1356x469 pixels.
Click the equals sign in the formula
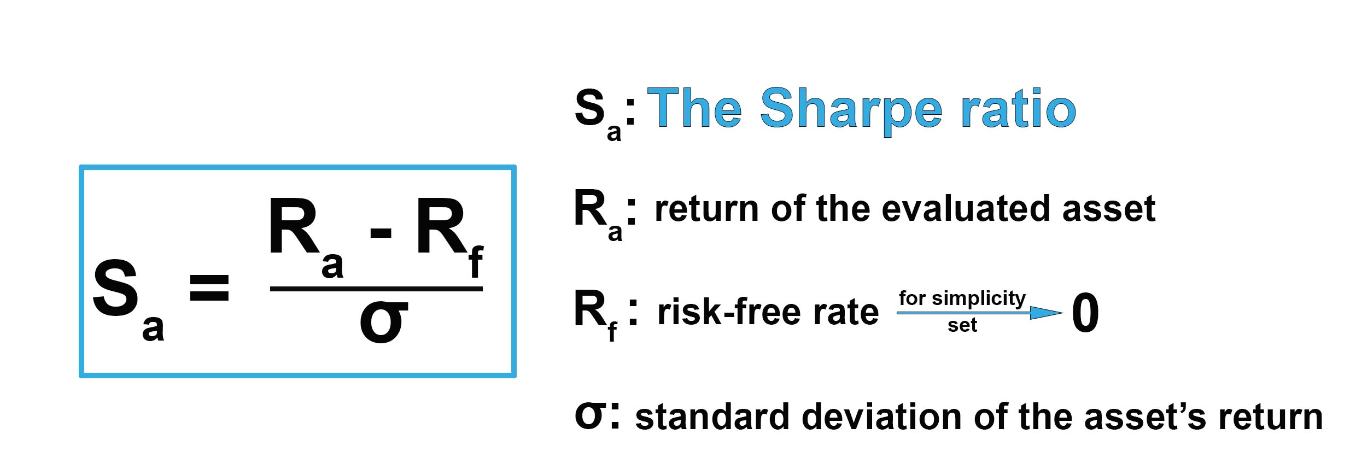coord(209,289)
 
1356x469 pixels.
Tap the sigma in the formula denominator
coord(383,323)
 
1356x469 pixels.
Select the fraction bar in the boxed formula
coord(376,288)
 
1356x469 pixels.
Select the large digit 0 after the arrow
coord(1085,313)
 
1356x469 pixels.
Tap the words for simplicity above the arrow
coord(962,298)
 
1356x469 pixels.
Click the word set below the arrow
coord(962,325)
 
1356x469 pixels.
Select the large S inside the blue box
coord(115,288)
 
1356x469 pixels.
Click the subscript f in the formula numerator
coord(476,262)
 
